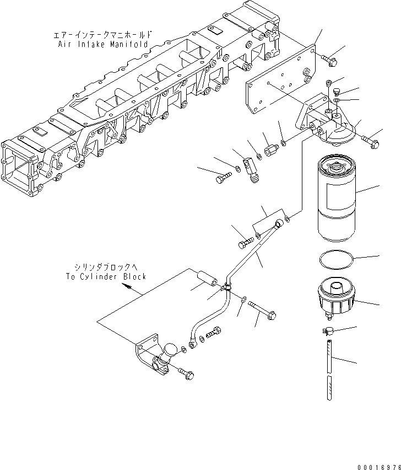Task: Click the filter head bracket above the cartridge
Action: [x=325, y=125]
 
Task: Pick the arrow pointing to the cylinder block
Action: [x=127, y=287]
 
